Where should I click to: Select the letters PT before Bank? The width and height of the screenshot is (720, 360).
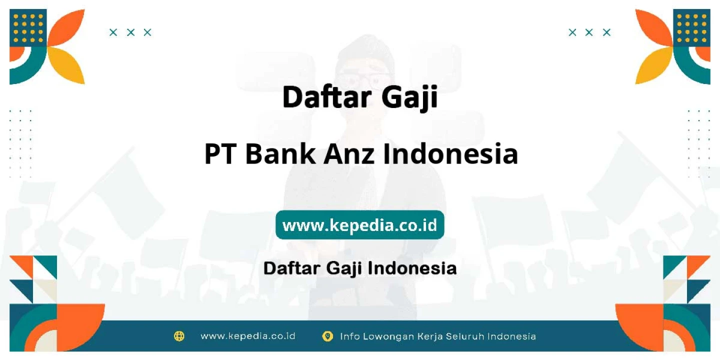pyautogui.click(x=220, y=154)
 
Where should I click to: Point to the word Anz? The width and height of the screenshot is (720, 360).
pyautogui.click(x=349, y=154)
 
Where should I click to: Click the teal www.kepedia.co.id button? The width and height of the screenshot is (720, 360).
pyautogui.click(x=359, y=224)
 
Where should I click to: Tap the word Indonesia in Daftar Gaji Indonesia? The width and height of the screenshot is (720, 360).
pyautogui.click(x=412, y=268)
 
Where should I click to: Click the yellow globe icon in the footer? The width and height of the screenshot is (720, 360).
pyautogui.click(x=179, y=336)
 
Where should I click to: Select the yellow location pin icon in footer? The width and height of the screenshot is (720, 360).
pyautogui.click(x=327, y=336)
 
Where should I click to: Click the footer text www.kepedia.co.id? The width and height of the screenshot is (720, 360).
pyautogui.click(x=248, y=336)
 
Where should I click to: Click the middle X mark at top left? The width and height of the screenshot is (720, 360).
pyautogui.click(x=130, y=32)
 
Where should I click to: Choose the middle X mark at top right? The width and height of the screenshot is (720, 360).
pyautogui.click(x=589, y=32)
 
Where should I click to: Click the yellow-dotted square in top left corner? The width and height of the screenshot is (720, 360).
pyautogui.click(x=28, y=28)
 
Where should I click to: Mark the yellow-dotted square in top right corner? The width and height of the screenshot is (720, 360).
pyautogui.click(x=691, y=28)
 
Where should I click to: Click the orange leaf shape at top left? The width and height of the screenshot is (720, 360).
pyautogui.click(x=67, y=28)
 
